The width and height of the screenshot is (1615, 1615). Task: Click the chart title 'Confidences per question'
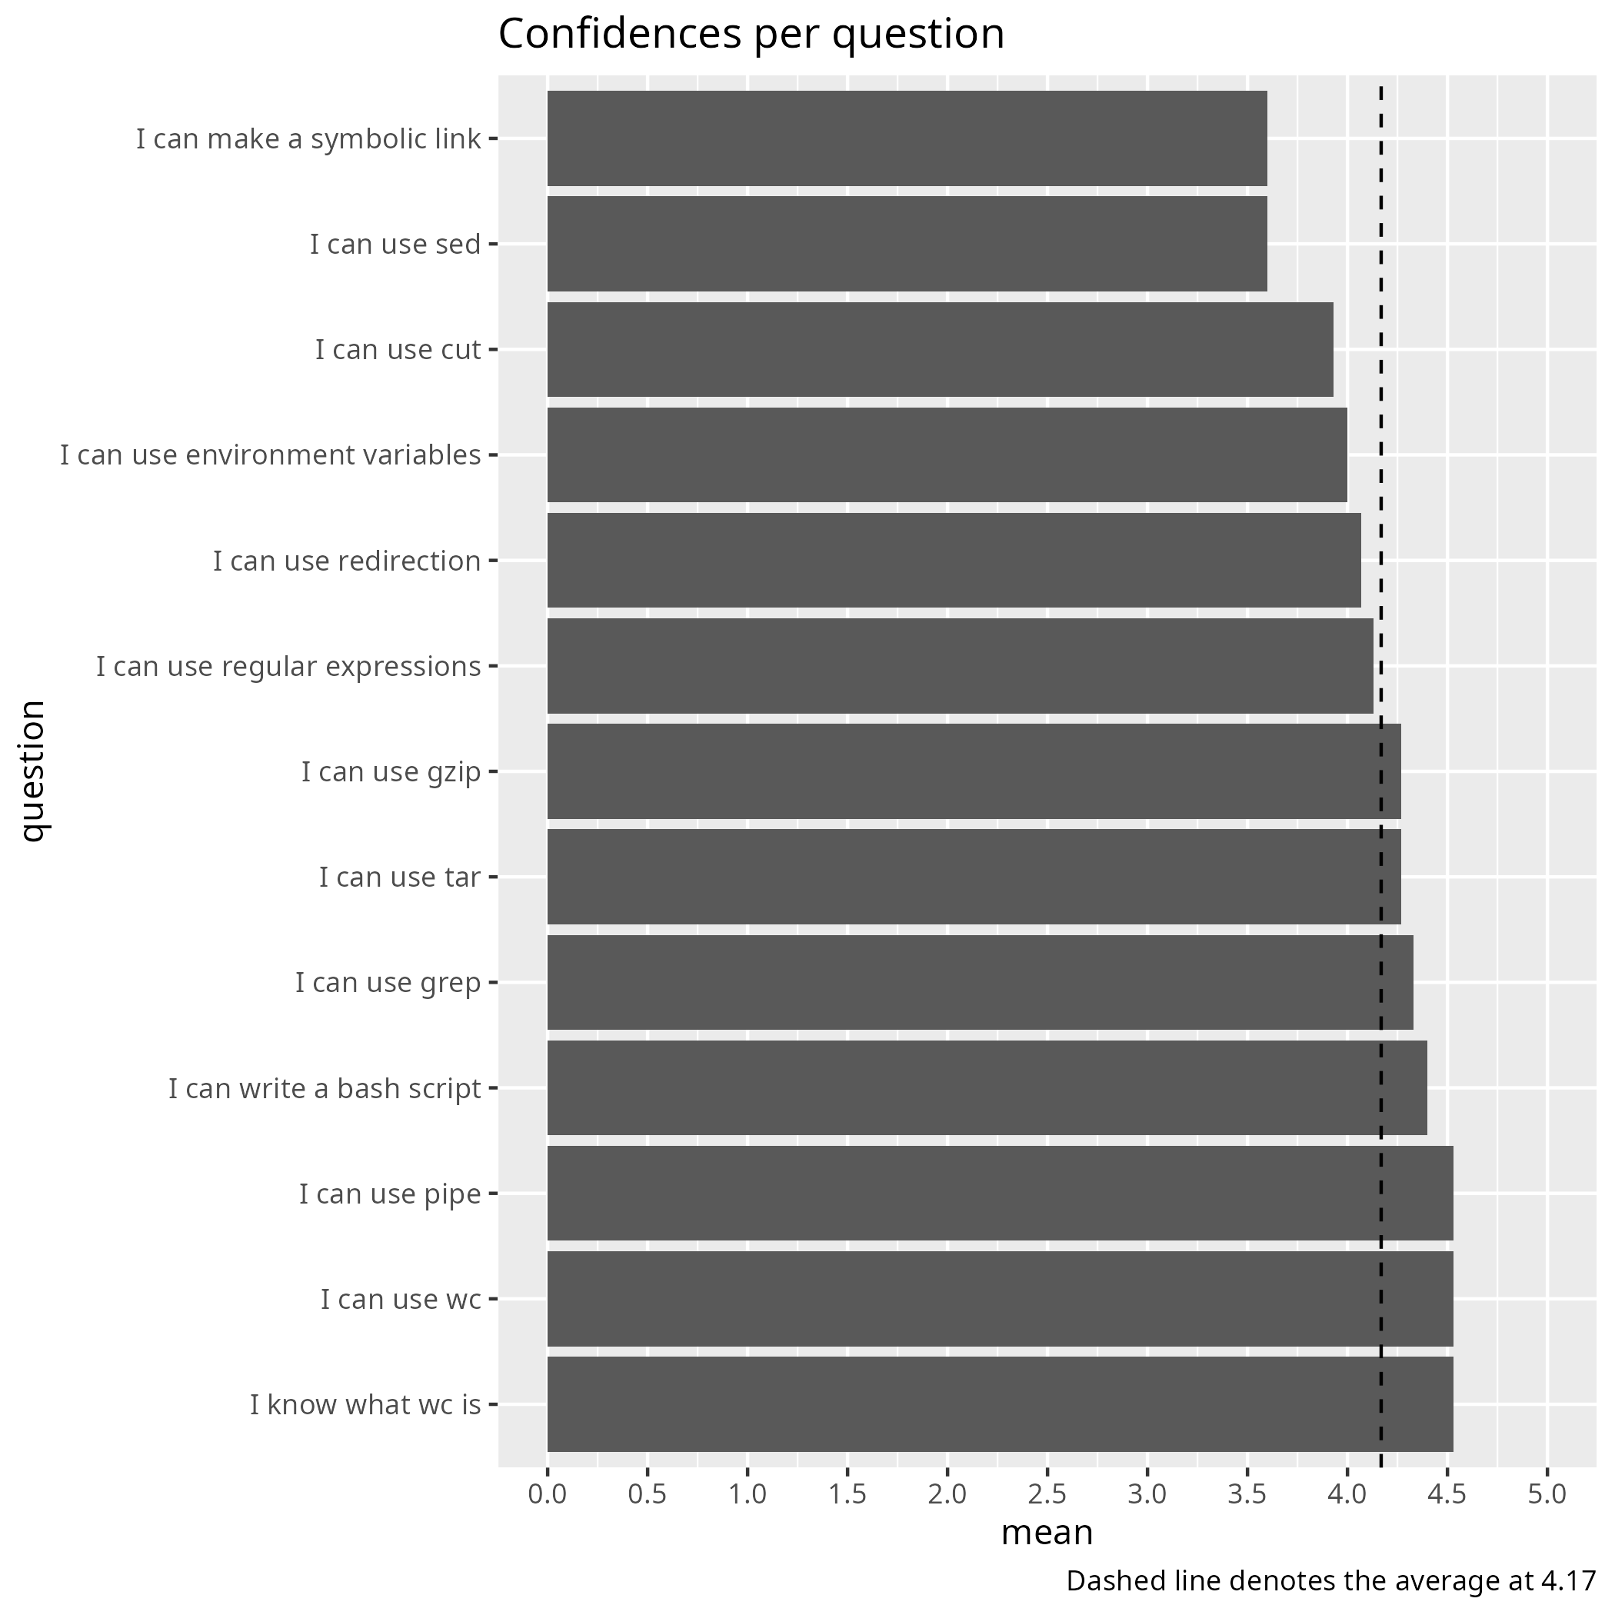click(x=751, y=35)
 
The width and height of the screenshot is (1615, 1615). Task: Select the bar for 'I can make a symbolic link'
click(x=907, y=138)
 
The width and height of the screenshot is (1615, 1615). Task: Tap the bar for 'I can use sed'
click(x=907, y=244)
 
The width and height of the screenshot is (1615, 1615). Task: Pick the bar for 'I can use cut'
click(x=940, y=349)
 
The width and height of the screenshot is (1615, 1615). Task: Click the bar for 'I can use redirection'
click(x=954, y=560)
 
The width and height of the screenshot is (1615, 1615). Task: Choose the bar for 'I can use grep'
click(x=980, y=982)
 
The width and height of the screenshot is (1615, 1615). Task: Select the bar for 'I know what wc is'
click(x=1000, y=1404)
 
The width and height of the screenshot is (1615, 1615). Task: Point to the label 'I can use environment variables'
click(x=270, y=455)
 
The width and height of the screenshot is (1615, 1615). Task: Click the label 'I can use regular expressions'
click(x=288, y=667)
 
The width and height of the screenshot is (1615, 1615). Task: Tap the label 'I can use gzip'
click(x=391, y=771)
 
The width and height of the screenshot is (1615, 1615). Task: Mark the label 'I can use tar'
click(x=400, y=877)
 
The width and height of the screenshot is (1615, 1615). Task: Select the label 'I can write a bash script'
click(x=325, y=1089)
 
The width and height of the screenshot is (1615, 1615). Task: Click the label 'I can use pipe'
click(x=390, y=1194)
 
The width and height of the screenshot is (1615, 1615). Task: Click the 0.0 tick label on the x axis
click(x=548, y=1493)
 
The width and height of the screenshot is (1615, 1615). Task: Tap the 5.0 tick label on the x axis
click(x=1547, y=1493)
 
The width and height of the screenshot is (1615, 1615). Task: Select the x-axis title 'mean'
click(x=1047, y=1533)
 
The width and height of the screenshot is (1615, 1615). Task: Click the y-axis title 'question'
click(x=33, y=771)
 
